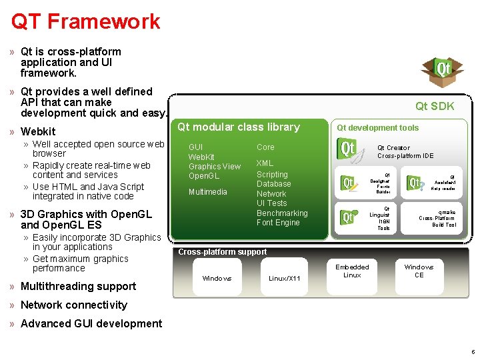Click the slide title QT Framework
(x=85, y=21)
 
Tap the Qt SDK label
(x=435, y=106)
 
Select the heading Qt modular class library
(x=239, y=127)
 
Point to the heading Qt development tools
(x=377, y=127)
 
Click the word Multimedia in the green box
(x=207, y=192)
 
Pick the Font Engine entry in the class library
(x=278, y=223)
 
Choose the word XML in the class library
(x=265, y=163)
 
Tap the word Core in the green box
(x=265, y=147)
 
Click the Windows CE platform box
(x=419, y=271)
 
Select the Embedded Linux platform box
(x=352, y=271)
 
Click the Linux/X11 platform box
(x=285, y=278)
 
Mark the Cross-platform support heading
(x=222, y=252)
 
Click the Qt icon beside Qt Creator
(x=348, y=149)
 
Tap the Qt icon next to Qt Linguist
(x=348, y=217)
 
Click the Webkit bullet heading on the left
(x=38, y=131)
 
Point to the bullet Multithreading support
(x=78, y=286)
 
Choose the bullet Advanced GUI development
(x=91, y=323)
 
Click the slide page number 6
(x=472, y=351)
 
